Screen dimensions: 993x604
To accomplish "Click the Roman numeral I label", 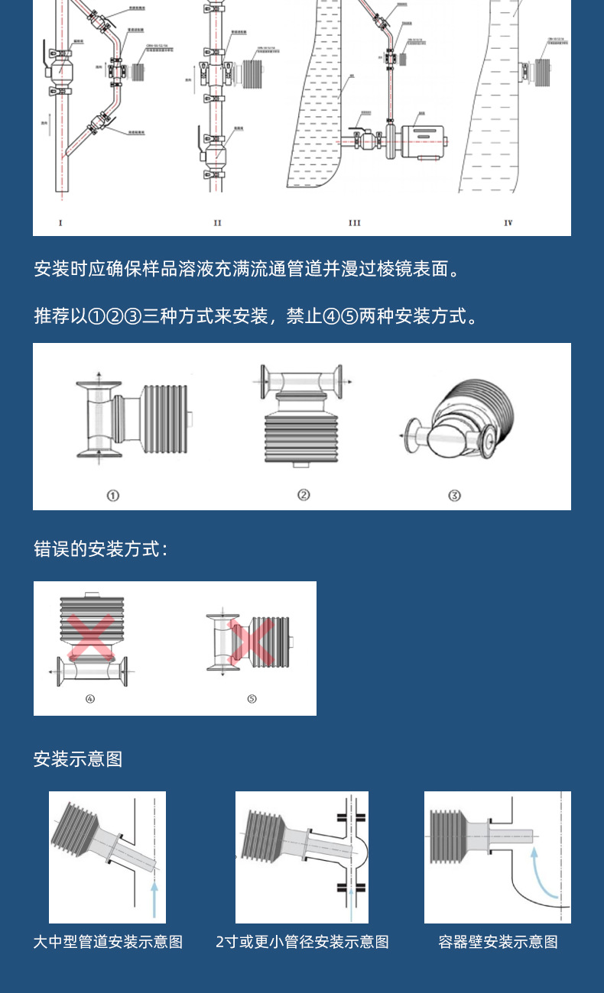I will pyautogui.click(x=60, y=223).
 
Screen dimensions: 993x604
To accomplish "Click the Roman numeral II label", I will pyautogui.click(x=217, y=223).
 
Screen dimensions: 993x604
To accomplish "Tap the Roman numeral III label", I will pyautogui.click(x=354, y=223).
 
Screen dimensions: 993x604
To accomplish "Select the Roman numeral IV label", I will pyautogui.click(x=508, y=223).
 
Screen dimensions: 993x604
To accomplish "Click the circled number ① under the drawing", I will pyautogui.click(x=113, y=496).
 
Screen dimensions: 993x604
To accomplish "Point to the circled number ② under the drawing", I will pyautogui.click(x=304, y=495).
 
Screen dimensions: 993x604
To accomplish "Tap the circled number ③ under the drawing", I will pyautogui.click(x=454, y=496).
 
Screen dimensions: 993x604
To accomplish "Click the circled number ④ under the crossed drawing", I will pyautogui.click(x=90, y=699).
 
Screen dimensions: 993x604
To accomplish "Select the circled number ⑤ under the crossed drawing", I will pyautogui.click(x=252, y=699).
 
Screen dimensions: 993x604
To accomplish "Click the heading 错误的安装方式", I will pyautogui.click(x=100, y=549).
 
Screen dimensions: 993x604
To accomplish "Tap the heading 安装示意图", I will pyautogui.click(x=78, y=759).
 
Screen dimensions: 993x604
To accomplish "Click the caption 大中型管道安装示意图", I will pyautogui.click(x=108, y=942).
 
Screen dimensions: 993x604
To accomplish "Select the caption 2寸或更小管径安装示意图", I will pyautogui.click(x=302, y=942).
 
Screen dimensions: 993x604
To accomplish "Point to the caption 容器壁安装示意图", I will pyautogui.click(x=498, y=942).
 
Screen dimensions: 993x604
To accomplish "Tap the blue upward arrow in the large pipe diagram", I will pyautogui.click(x=155, y=898).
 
